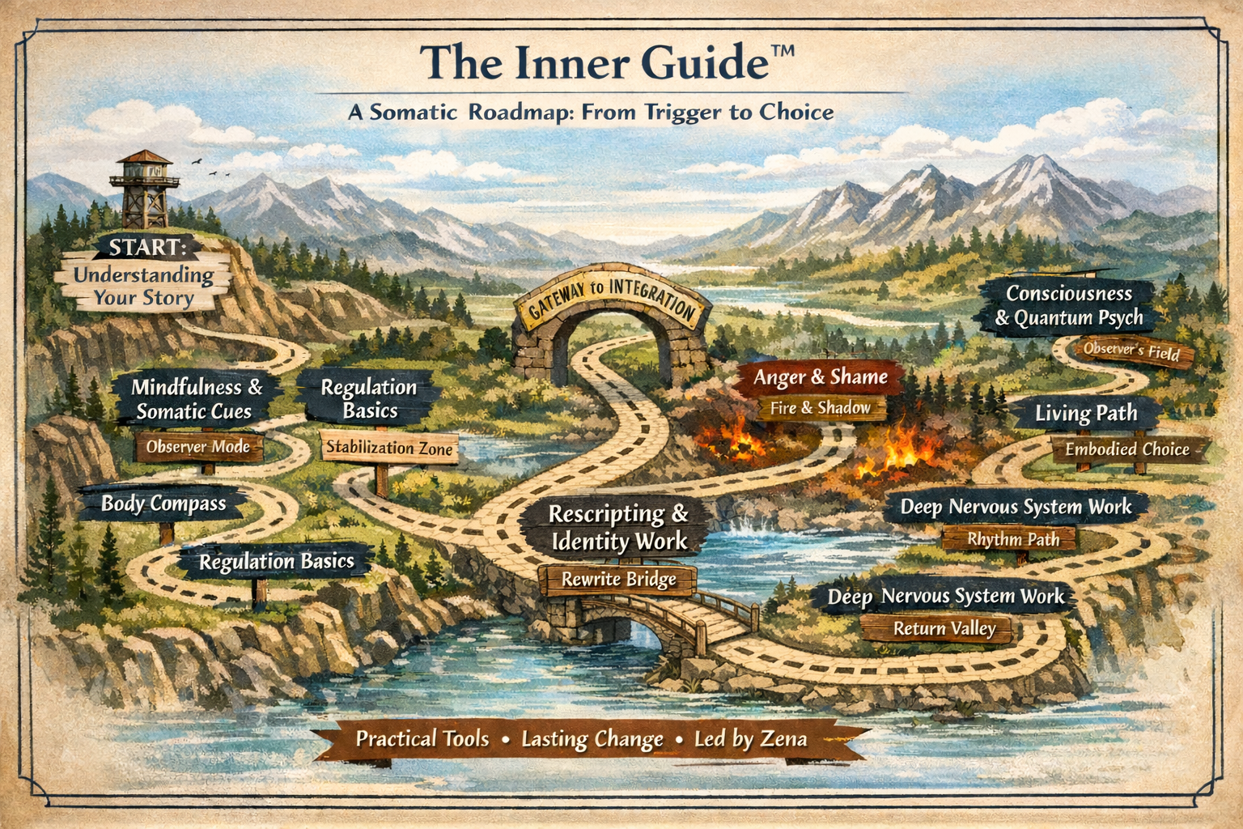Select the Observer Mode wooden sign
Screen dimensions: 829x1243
pos(198,447)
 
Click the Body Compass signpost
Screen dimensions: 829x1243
pos(163,504)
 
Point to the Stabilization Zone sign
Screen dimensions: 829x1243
pos(389,448)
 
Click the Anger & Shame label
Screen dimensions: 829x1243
pos(820,377)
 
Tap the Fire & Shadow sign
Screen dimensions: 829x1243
pos(820,408)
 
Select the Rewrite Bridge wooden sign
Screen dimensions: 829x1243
pos(619,580)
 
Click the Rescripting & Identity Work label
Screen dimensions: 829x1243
pos(618,527)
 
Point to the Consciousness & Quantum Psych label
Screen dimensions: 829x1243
pos(1068,305)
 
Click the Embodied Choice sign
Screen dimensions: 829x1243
pos(1126,449)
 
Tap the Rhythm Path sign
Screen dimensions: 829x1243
pos(1012,539)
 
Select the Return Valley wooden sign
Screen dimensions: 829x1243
pos(944,629)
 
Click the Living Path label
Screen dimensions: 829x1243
pos(1086,414)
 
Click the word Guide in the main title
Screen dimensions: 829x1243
pos(699,62)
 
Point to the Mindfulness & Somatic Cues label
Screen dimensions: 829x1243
pos(197,399)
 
